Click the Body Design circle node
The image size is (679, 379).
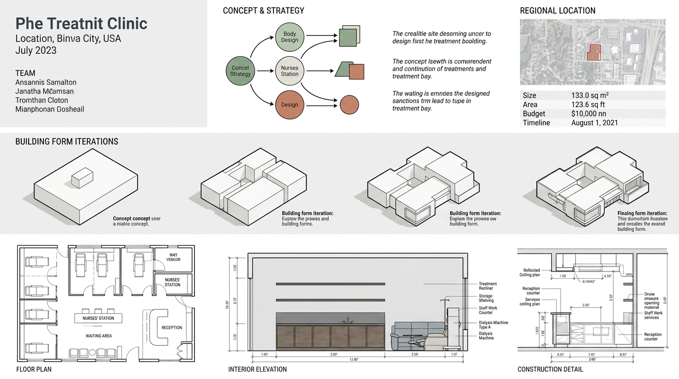(290, 37)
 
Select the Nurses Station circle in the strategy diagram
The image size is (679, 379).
(290, 71)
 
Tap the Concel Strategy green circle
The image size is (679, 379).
(240, 71)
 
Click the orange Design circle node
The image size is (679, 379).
(290, 104)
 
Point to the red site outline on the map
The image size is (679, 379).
(594, 52)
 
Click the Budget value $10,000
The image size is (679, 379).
(589, 114)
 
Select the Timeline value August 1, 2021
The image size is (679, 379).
(594, 123)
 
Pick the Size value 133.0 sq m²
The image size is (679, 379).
(590, 95)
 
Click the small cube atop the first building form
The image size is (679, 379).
(82, 177)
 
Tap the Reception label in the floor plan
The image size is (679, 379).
(172, 328)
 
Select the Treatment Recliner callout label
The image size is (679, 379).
(488, 286)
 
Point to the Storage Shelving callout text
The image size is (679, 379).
(486, 298)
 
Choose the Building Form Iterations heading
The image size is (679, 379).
(67, 142)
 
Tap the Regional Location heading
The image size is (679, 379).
(558, 10)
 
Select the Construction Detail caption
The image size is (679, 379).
(550, 369)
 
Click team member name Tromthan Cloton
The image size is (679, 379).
(42, 100)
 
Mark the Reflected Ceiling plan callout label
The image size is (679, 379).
(529, 272)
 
